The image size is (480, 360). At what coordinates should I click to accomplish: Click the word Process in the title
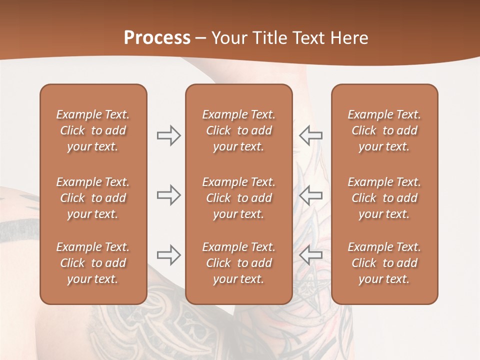[x=157, y=38]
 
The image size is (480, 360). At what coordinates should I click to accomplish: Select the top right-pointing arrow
[x=168, y=135]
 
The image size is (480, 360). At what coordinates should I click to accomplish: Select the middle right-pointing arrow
[x=168, y=195]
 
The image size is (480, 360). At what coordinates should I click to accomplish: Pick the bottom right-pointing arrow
[x=168, y=255]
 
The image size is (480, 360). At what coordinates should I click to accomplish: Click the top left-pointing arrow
[x=310, y=135]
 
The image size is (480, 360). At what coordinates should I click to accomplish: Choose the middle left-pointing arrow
[x=310, y=195]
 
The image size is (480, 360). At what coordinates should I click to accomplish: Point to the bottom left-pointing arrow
[x=310, y=255]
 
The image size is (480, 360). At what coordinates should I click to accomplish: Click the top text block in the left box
[x=93, y=130]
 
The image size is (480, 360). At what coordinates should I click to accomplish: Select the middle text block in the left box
[x=93, y=198]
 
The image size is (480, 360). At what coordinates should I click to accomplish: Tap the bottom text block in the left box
[x=93, y=263]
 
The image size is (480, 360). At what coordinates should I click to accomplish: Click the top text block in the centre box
[x=238, y=130]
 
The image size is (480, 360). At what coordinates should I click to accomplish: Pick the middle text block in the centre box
[x=238, y=198]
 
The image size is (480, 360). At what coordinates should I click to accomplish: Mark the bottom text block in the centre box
[x=238, y=263]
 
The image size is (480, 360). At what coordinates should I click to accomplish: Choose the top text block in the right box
[x=384, y=130]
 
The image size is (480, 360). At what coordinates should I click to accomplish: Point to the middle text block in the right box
[x=384, y=198]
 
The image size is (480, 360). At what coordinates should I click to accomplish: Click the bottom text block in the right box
[x=384, y=263]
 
